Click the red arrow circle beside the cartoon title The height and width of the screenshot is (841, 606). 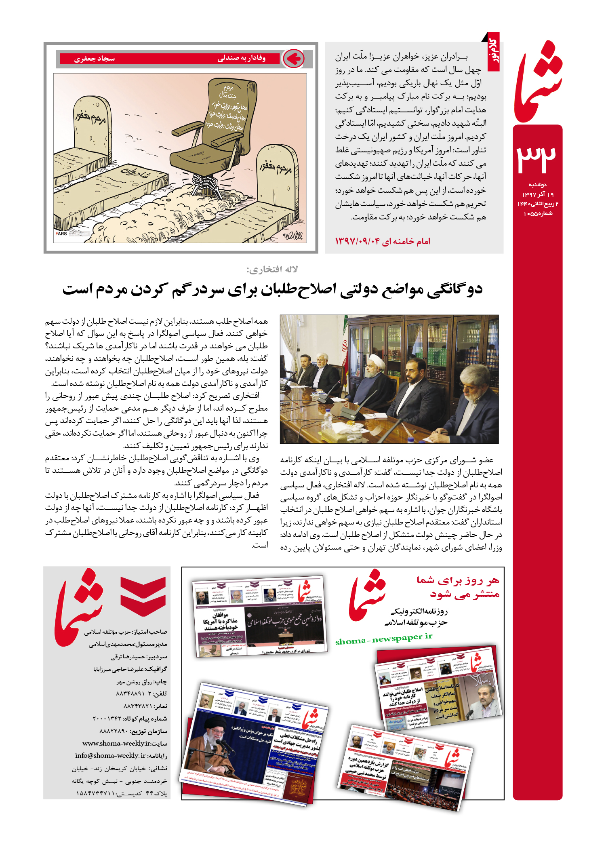tap(293, 59)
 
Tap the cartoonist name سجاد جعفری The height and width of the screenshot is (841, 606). tap(95, 59)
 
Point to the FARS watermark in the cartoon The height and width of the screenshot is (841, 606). tap(61, 234)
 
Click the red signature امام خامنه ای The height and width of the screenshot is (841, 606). tap(406, 242)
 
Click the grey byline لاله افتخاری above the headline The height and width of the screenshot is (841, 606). tap(272, 270)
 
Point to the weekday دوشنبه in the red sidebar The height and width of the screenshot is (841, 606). tap(537, 185)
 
